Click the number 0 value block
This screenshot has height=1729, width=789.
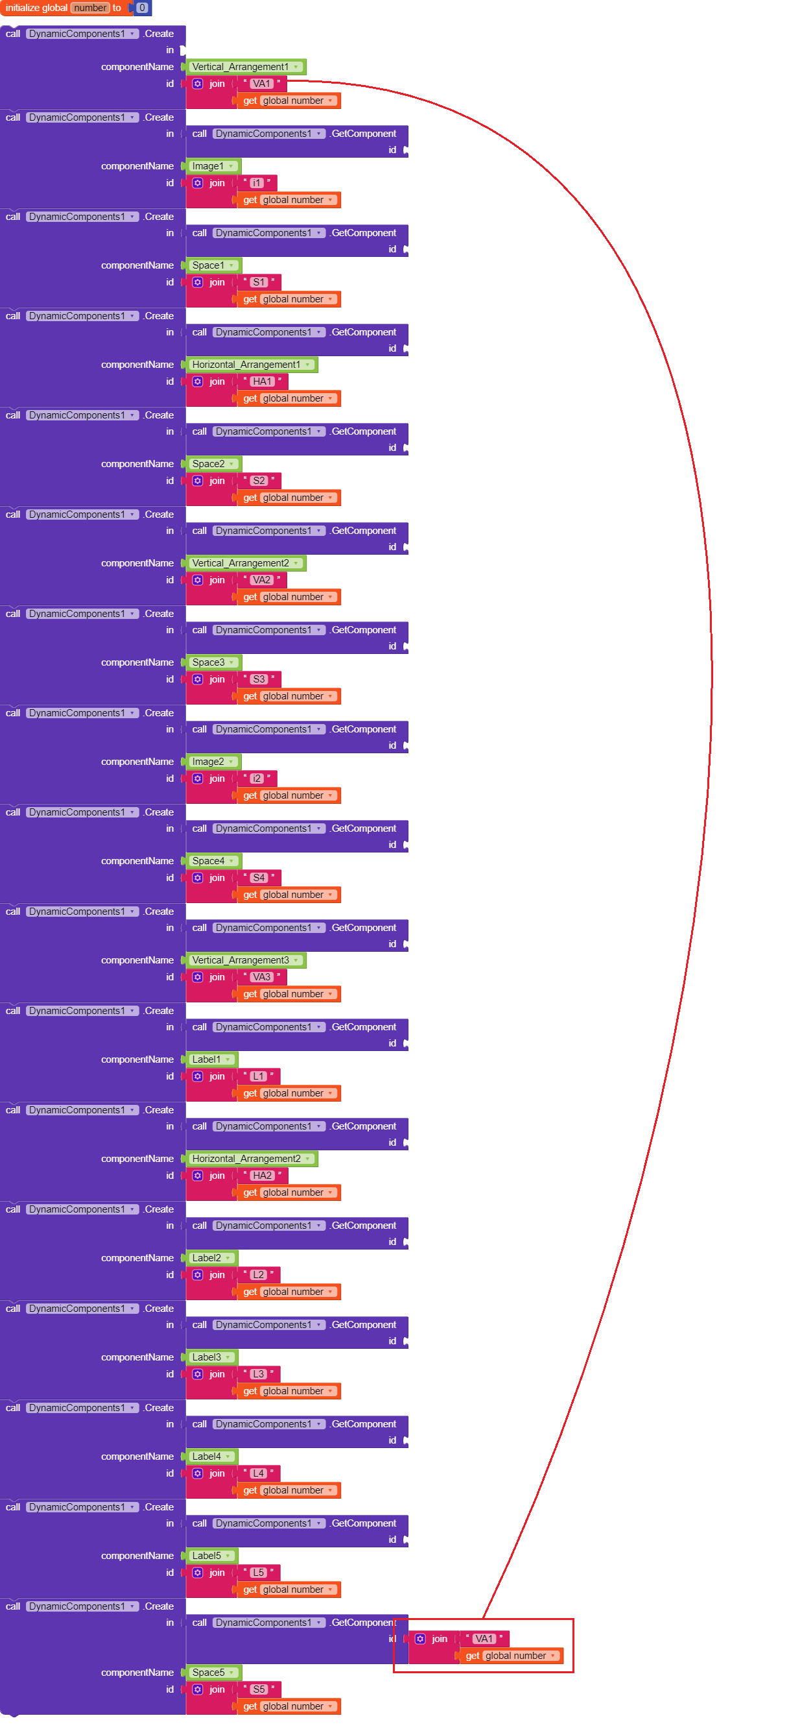(141, 8)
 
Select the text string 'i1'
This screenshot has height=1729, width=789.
(256, 183)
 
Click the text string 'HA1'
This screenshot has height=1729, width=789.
(262, 382)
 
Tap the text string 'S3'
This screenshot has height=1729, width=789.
(258, 680)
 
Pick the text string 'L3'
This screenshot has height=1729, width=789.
(258, 1375)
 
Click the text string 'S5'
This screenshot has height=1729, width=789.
(258, 1690)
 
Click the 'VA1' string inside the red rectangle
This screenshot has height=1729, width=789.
(484, 1639)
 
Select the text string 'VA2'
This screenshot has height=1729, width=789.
(261, 581)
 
